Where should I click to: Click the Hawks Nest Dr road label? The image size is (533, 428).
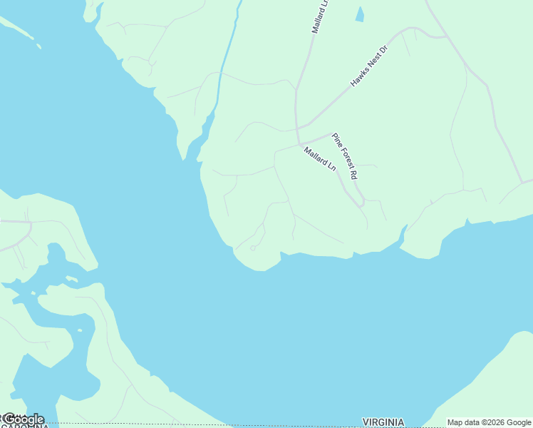(x=369, y=66)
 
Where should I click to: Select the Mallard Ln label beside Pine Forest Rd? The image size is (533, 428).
(x=319, y=158)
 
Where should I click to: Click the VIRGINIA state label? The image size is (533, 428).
(x=383, y=422)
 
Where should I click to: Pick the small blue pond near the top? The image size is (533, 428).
(x=360, y=14)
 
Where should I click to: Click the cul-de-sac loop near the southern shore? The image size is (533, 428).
(x=252, y=248)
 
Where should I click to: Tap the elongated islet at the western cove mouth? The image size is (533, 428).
(x=71, y=278)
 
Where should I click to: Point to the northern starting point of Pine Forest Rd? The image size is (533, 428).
(x=333, y=133)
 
